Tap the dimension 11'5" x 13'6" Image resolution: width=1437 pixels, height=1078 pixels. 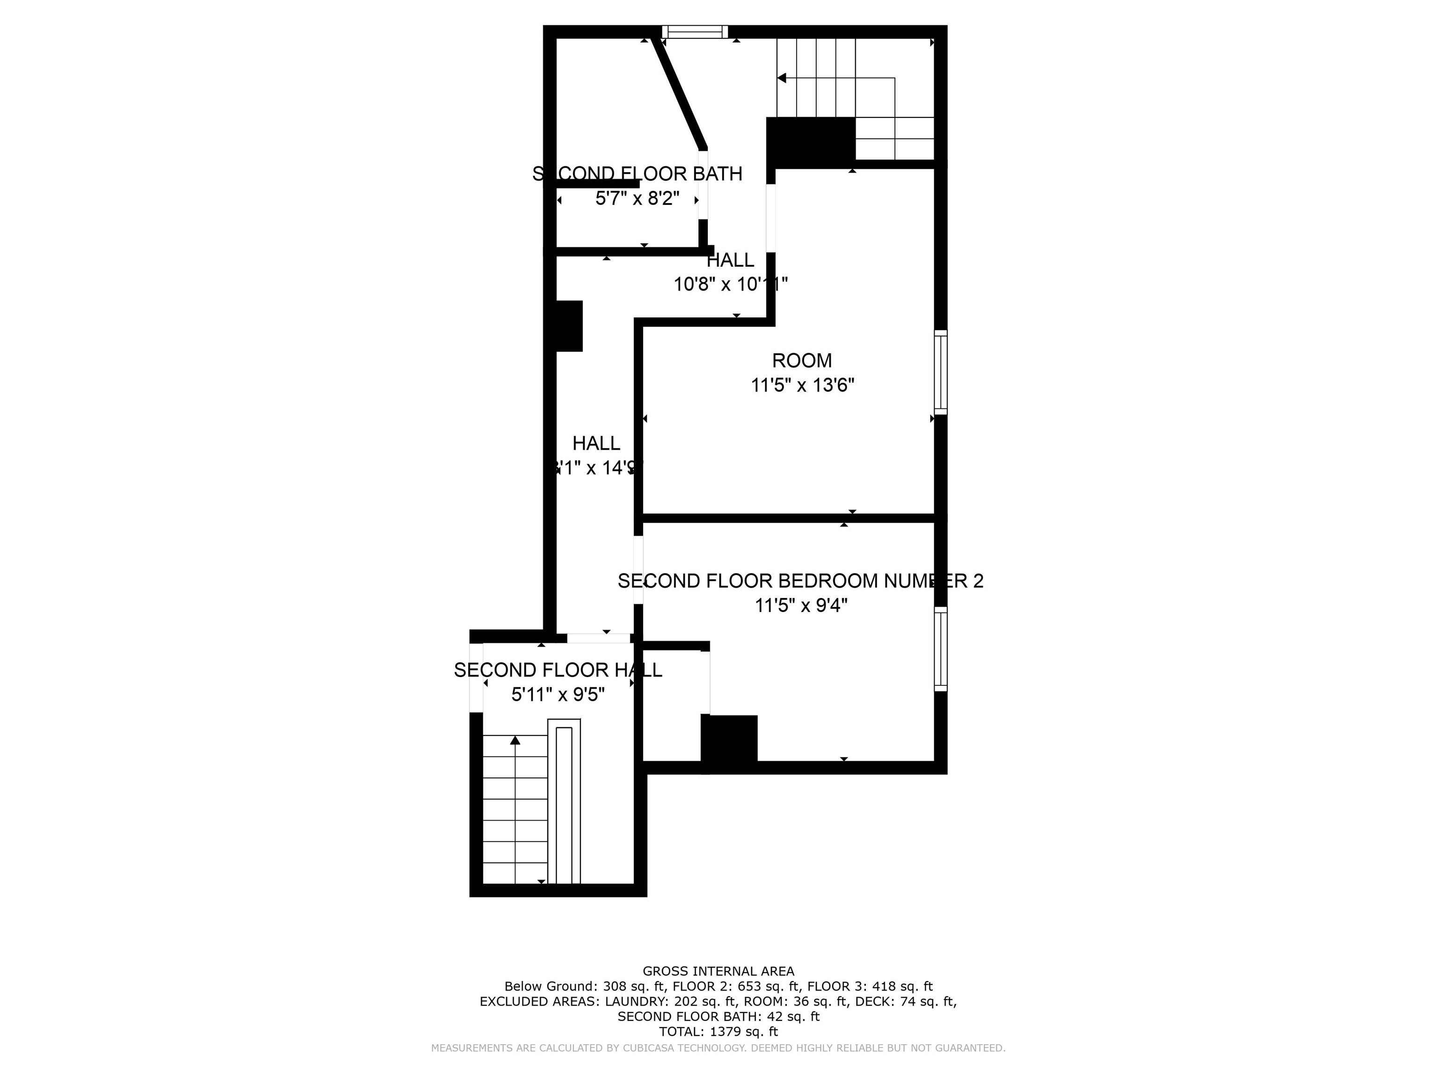coord(802,386)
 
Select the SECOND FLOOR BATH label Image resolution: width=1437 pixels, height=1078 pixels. coord(637,174)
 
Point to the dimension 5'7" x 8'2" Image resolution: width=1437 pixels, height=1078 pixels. coord(637,198)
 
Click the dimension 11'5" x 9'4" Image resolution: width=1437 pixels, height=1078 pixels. coord(801,605)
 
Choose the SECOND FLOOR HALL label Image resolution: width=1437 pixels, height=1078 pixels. coord(558,670)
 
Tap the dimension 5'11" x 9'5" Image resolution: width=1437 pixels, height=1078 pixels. coord(558,695)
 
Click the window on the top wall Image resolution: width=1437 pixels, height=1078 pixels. coord(695,32)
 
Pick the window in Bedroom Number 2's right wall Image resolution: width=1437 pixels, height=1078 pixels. coord(940,648)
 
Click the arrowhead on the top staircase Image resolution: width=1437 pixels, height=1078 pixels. coord(782,78)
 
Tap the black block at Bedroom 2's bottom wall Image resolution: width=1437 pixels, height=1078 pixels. coord(729,739)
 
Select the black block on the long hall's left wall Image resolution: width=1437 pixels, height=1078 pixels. coord(570,326)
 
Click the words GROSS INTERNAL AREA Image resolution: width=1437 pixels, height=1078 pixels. coord(718,971)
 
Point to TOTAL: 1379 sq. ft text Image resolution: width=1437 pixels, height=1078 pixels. coord(718,1031)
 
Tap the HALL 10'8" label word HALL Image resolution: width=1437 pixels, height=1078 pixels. coord(730,260)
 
